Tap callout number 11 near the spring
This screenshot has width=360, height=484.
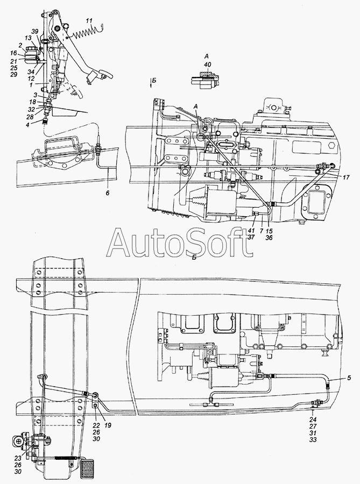tap(89, 22)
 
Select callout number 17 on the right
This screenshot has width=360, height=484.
tap(346, 178)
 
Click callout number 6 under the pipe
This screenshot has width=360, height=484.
tap(108, 193)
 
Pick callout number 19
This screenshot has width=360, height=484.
tap(108, 425)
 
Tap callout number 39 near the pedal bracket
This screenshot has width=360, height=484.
tap(35, 31)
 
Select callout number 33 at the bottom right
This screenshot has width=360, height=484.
tap(313, 440)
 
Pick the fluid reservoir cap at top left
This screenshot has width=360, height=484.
tap(31, 49)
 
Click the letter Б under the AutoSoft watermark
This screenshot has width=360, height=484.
tap(194, 258)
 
